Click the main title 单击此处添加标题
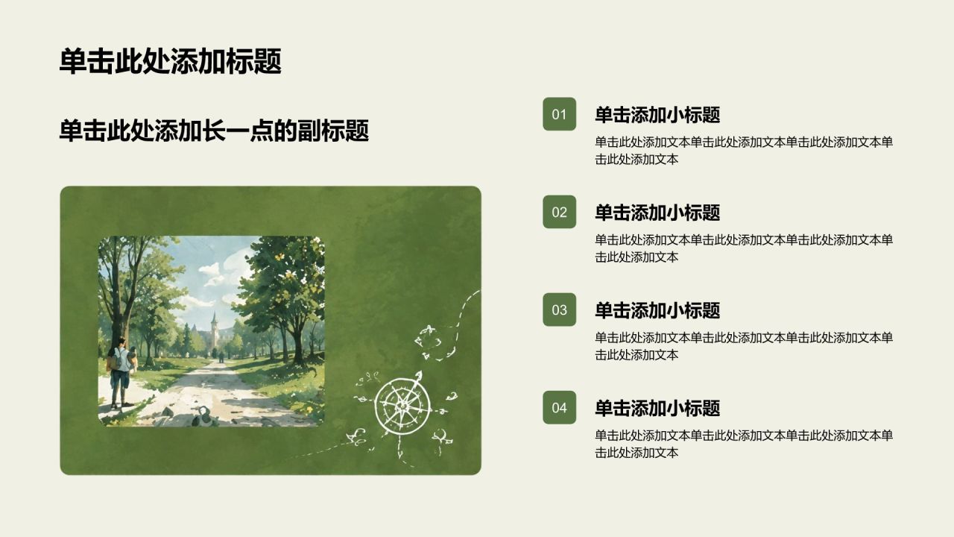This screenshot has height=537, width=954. click(x=171, y=61)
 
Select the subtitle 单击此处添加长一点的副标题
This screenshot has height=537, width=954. click(x=214, y=131)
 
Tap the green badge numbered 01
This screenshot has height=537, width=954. click(x=559, y=114)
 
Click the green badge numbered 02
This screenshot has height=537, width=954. click(x=559, y=212)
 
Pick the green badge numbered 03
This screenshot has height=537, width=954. click(x=559, y=310)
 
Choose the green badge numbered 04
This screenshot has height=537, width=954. click(x=559, y=407)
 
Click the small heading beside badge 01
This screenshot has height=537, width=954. click(x=657, y=115)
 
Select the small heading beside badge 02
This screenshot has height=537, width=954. click(x=657, y=213)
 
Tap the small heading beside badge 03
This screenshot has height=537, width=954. click(x=657, y=310)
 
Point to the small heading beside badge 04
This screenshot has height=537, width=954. click(x=657, y=408)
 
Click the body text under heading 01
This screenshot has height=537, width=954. click(x=744, y=151)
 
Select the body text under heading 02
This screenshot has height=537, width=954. click(x=744, y=248)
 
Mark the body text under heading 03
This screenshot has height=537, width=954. click(x=744, y=346)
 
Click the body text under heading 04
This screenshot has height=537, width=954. click(x=744, y=444)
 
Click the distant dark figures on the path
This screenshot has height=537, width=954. click(x=221, y=357)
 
